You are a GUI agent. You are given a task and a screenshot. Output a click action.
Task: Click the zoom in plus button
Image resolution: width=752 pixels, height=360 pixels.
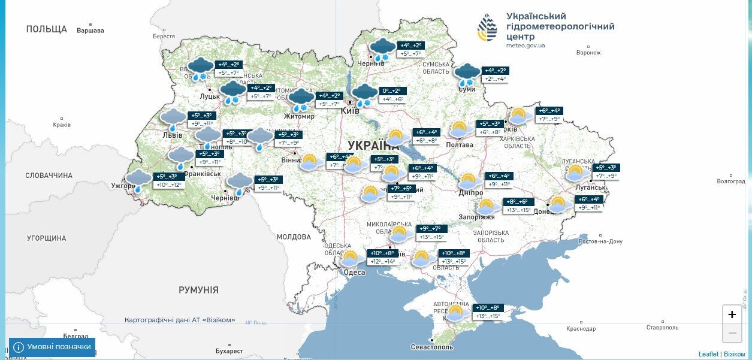732,314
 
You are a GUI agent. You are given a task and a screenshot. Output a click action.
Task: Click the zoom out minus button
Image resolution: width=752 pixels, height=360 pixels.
732,332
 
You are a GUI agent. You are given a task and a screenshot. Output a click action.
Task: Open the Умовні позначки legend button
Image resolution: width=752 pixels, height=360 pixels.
52,347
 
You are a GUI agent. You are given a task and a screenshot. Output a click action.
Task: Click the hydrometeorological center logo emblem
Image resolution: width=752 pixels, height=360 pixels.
487,28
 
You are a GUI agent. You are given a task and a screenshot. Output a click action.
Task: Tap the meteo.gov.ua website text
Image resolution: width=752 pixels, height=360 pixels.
526,46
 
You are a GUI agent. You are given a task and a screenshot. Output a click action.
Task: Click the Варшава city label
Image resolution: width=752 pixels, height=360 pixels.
90,31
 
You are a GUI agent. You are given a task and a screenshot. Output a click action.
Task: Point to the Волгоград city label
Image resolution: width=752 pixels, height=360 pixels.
730,181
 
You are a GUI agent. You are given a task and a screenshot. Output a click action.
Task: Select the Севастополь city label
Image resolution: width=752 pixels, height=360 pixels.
432,347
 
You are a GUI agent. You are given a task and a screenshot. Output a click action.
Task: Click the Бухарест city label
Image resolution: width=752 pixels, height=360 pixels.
229,351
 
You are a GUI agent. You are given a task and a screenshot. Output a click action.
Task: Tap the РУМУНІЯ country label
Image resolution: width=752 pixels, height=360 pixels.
198,290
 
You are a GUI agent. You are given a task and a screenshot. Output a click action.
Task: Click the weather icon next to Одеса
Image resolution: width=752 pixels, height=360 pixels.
350,259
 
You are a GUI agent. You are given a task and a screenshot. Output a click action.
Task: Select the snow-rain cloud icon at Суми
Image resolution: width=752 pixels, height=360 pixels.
467,74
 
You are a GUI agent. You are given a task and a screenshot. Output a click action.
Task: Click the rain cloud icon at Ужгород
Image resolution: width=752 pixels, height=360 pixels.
138,180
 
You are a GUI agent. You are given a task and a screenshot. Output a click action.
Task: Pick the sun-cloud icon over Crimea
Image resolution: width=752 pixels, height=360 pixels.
456,312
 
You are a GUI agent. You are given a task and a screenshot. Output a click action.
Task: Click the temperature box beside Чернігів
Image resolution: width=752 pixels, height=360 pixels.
411,49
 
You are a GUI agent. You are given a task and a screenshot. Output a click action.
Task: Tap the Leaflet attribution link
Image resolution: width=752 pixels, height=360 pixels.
708,354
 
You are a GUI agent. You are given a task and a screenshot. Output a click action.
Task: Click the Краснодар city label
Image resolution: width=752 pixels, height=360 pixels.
581,328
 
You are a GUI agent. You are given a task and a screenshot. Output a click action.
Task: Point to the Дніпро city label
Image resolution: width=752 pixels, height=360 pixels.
471,193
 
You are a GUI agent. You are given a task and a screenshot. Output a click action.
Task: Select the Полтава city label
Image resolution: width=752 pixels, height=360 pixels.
460,144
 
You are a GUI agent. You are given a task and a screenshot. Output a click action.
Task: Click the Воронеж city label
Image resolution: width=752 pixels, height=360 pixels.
588,53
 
